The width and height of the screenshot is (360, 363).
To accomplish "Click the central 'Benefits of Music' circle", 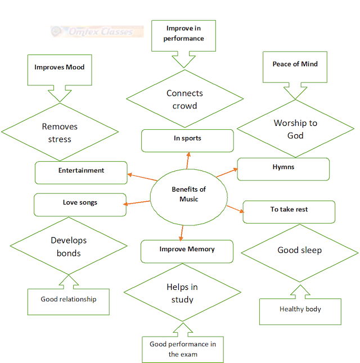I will [189, 194].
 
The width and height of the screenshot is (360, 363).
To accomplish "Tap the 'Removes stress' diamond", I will [60, 133].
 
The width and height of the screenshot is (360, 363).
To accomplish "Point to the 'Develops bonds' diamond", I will [69, 247].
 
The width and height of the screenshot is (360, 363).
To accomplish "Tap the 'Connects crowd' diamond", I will [184, 99].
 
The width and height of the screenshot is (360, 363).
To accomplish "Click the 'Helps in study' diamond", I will [182, 293].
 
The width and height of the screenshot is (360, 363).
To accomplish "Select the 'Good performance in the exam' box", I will [182, 349].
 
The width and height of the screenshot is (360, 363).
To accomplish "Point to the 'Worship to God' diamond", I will [295, 129].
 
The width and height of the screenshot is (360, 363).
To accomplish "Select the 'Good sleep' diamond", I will [299, 250].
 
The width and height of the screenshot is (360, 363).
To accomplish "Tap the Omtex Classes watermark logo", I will [97, 31].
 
